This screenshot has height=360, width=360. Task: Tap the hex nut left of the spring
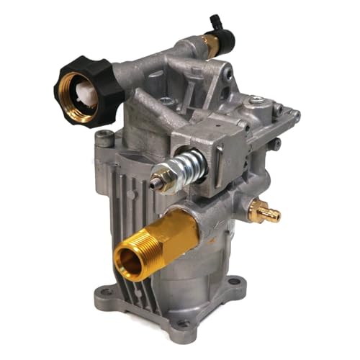tap(162, 172)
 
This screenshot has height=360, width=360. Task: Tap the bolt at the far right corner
tap(294, 115)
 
